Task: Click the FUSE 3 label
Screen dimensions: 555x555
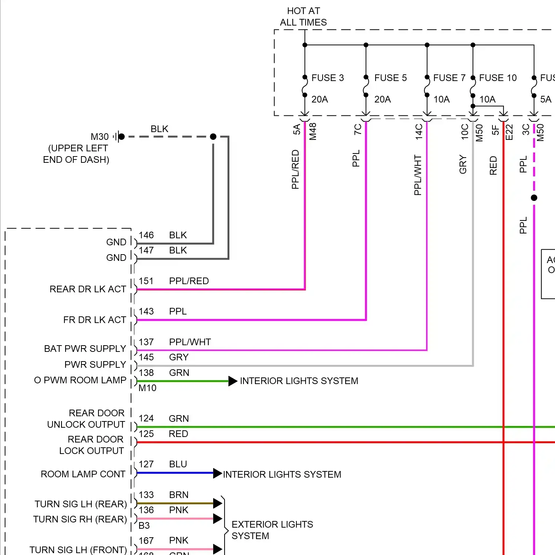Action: (x=327, y=78)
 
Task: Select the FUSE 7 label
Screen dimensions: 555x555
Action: (x=449, y=78)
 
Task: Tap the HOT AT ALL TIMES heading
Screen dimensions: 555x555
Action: (x=303, y=17)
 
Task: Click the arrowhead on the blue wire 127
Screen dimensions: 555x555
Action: (x=218, y=473)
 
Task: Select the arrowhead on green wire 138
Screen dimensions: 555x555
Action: (x=233, y=381)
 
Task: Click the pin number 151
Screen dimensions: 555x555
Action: (x=146, y=281)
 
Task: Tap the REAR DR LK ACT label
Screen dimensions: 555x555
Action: (x=88, y=289)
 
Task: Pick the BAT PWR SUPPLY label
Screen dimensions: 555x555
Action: (x=85, y=349)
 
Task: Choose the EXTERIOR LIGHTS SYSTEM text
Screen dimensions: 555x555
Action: (x=272, y=530)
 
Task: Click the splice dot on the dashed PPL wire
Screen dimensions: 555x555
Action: (x=534, y=198)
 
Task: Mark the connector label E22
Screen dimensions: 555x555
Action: (x=509, y=132)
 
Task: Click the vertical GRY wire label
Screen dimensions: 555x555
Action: (x=463, y=165)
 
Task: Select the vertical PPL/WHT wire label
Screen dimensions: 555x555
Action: (x=418, y=175)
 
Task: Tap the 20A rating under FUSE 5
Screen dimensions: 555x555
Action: (x=383, y=99)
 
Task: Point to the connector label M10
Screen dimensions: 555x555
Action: (x=147, y=388)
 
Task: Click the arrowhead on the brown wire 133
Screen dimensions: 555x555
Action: (x=218, y=503)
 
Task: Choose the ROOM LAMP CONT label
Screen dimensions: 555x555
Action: (x=83, y=474)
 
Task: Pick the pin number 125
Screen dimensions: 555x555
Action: (x=146, y=434)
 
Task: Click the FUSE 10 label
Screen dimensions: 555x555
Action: (x=498, y=78)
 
